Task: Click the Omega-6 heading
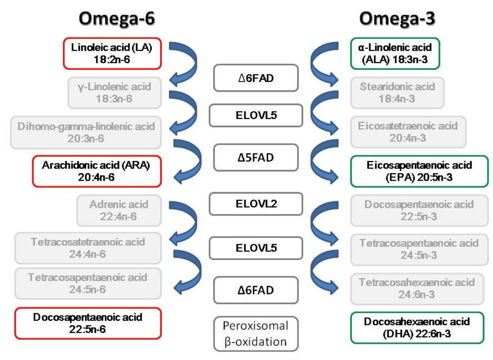pyautogui.click(x=116, y=18)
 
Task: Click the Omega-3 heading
pyautogui.click(x=397, y=18)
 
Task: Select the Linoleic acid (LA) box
pyautogui.click(x=112, y=53)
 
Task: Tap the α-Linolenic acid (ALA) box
pyautogui.click(x=395, y=53)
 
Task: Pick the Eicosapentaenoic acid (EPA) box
pyautogui.click(x=419, y=171)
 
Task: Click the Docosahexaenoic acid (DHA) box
pyautogui.click(x=417, y=328)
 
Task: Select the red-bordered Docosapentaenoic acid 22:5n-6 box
pyautogui.click(x=88, y=323)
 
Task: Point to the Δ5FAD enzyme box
pyautogui.click(x=255, y=157)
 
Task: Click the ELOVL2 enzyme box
pyautogui.click(x=256, y=204)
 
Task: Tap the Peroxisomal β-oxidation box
pyautogui.click(x=255, y=334)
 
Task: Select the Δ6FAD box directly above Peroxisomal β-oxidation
pyautogui.click(x=255, y=290)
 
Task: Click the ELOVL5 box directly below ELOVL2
pyautogui.click(x=256, y=248)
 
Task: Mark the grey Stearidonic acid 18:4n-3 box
pyautogui.click(x=397, y=93)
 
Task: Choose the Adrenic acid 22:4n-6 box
pyautogui.click(x=119, y=210)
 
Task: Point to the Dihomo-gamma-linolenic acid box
pyautogui.click(x=86, y=132)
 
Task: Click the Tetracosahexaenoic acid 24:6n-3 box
pyautogui.click(x=417, y=288)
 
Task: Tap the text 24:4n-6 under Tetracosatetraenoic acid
pyautogui.click(x=88, y=254)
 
